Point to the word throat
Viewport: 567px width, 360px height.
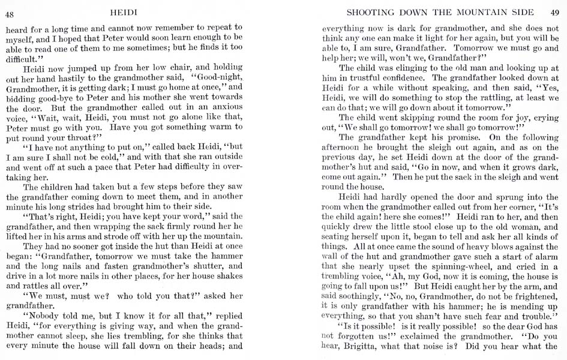click(90, 138)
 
